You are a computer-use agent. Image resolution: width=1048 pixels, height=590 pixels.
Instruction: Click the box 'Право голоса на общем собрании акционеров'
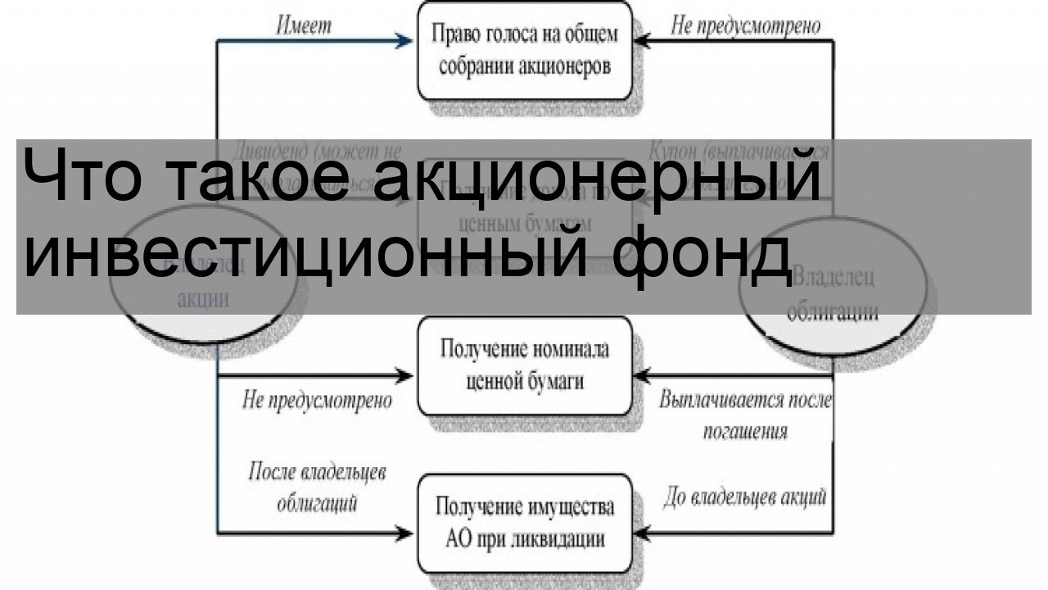click(x=526, y=51)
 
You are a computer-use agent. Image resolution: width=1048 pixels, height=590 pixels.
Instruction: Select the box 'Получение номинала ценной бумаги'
click(x=526, y=365)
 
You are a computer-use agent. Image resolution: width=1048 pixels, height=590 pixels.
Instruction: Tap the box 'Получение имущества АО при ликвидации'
click(x=526, y=523)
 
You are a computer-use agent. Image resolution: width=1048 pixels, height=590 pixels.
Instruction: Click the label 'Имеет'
click(x=304, y=25)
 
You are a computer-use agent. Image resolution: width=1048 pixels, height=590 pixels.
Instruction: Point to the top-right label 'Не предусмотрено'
click(x=746, y=25)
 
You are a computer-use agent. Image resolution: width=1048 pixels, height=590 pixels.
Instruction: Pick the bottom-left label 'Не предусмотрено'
click(x=317, y=401)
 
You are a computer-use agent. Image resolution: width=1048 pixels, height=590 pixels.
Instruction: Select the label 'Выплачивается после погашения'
click(x=745, y=415)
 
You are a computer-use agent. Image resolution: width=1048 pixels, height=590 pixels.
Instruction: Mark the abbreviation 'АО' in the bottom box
click(x=457, y=539)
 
